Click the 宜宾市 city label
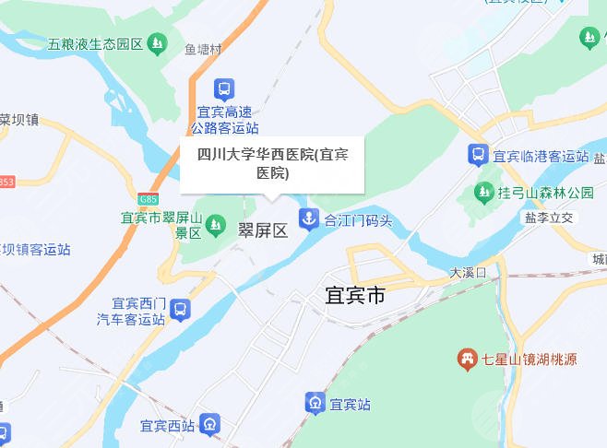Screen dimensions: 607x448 pyautogui.click(x=355, y=297)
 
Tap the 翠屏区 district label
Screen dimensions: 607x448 pyautogui.click(x=264, y=230)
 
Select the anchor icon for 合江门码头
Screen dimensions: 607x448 pyautogui.click(x=306, y=220)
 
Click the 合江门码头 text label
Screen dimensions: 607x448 pyautogui.click(x=359, y=221)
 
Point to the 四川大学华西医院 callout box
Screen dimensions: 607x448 pyautogui.click(x=271, y=164)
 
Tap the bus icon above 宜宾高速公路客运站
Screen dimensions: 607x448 pyautogui.click(x=223, y=89)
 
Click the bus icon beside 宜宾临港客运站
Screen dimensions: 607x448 pyautogui.click(x=478, y=155)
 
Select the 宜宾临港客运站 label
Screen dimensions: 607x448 pyautogui.click(x=541, y=156)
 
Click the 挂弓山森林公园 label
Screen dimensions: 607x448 pyautogui.click(x=546, y=194)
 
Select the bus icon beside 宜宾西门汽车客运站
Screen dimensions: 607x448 pyautogui.click(x=180, y=310)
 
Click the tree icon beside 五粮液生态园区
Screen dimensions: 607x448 pyautogui.click(x=159, y=43)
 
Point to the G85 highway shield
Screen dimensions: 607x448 pyautogui.click(x=149, y=199)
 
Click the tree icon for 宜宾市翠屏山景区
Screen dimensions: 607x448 pyautogui.click(x=215, y=224)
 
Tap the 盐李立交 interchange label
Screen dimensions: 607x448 pyautogui.click(x=549, y=218)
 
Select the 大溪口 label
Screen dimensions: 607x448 pyautogui.click(x=468, y=273)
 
